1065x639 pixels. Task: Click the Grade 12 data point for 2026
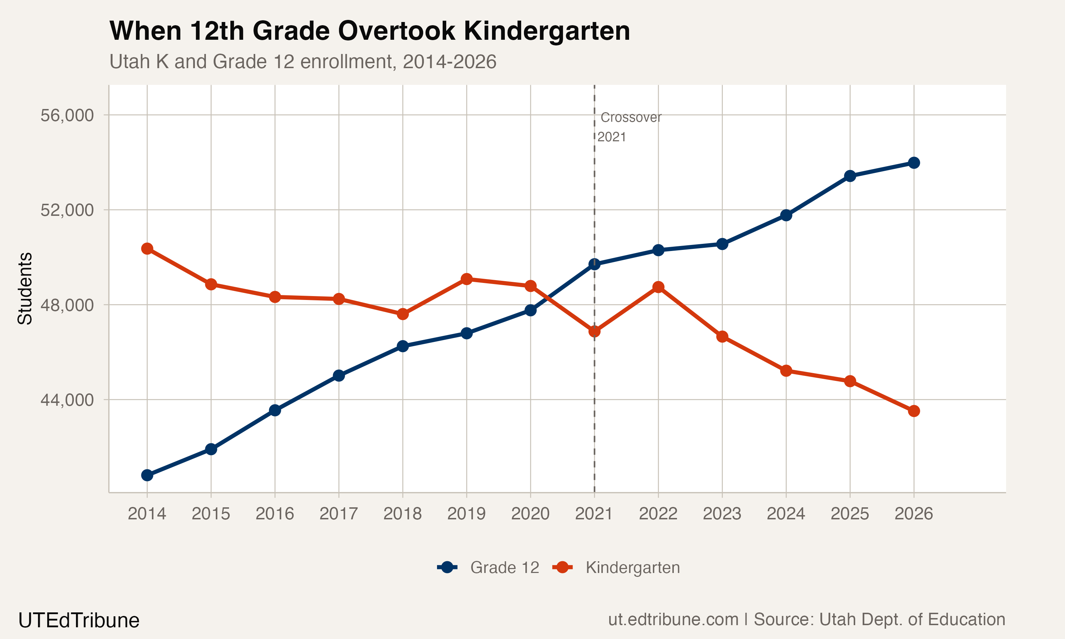click(x=913, y=163)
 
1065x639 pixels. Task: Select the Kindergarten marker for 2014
click(x=147, y=249)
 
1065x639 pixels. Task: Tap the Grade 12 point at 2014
click(x=147, y=475)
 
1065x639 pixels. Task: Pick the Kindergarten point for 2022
click(x=658, y=287)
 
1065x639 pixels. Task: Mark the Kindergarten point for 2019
click(x=466, y=279)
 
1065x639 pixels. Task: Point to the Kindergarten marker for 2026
click(x=913, y=411)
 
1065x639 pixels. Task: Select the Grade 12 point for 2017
click(x=339, y=376)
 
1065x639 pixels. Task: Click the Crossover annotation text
click(x=630, y=118)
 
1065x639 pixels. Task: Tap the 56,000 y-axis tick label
click(x=67, y=115)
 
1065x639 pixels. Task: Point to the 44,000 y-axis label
click(x=67, y=400)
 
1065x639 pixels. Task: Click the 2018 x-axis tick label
click(x=403, y=514)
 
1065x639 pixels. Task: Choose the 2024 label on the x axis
click(x=786, y=514)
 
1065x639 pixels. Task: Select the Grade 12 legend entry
click(x=488, y=568)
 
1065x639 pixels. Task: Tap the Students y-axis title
click(x=25, y=289)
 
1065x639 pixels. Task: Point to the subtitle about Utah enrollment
click(x=302, y=61)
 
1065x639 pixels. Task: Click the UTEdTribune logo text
click(x=79, y=621)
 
